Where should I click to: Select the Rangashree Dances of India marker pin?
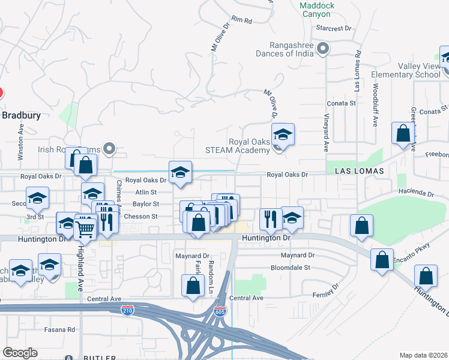(324, 49)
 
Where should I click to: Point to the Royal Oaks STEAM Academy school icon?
(283, 134)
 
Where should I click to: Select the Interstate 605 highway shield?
(220, 311)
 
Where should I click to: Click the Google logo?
(20, 353)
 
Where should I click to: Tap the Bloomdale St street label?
(290, 268)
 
